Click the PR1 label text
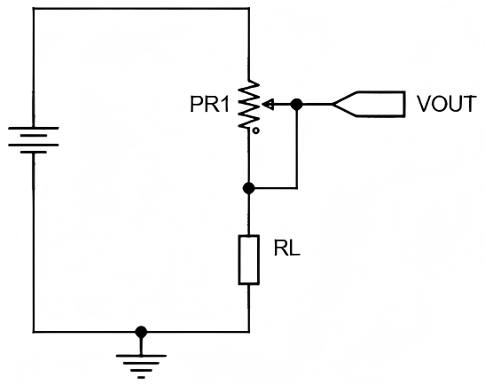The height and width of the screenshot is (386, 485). (x=210, y=105)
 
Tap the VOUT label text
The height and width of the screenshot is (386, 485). (x=446, y=104)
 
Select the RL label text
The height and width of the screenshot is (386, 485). (x=287, y=248)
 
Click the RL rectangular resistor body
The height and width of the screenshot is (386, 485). (x=248, y=260)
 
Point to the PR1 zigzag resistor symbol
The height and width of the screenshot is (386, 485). (x=248, y=105)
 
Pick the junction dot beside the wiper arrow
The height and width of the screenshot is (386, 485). (x=297, y=105)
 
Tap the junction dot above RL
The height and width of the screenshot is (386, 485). (x=248, y=188)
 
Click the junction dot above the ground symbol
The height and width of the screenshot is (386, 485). (x=141, y=332)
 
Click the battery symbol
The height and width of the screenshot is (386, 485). (x=34, y=140)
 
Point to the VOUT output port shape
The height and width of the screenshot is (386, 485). (x=369, y=105)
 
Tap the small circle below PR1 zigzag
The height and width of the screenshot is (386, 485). (x=256, y=131)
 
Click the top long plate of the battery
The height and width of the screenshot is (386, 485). (x=34, y=128)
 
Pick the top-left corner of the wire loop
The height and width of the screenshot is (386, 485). (x=34, y=9)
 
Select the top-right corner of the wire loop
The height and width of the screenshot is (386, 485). (x=248, y=9)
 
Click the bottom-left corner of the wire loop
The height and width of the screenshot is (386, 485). (x=34, y=332)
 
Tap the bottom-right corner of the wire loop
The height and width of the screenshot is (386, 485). (x=248, y=332)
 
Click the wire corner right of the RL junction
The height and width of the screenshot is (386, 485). (x=297, y=188)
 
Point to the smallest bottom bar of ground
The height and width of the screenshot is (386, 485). (x=141, y=377)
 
